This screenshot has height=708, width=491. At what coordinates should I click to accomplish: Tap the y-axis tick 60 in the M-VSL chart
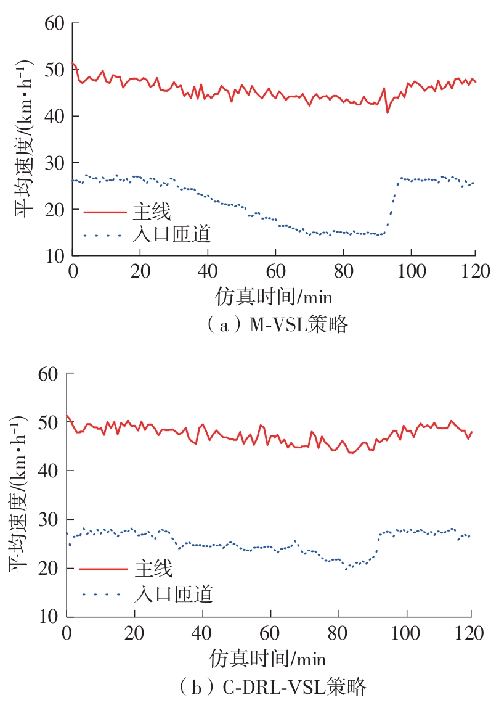(54, 23)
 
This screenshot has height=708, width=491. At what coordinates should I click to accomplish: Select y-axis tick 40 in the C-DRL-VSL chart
(49, 471)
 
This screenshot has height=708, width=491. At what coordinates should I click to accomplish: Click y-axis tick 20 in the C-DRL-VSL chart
(49, 568)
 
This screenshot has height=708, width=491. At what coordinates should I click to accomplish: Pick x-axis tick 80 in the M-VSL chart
(342, 270)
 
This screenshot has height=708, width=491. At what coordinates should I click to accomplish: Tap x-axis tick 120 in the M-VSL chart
(474, 270)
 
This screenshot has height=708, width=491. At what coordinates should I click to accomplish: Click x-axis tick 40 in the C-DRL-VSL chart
(202, 632)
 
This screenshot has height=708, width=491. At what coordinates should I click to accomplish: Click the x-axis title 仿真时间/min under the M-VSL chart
(274, 298)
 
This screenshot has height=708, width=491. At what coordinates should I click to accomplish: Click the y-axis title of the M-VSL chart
(25, 141)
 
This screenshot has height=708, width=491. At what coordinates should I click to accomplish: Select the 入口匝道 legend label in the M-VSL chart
(172, 234)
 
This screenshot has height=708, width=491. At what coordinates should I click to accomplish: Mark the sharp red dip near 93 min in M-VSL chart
(388, 112)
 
